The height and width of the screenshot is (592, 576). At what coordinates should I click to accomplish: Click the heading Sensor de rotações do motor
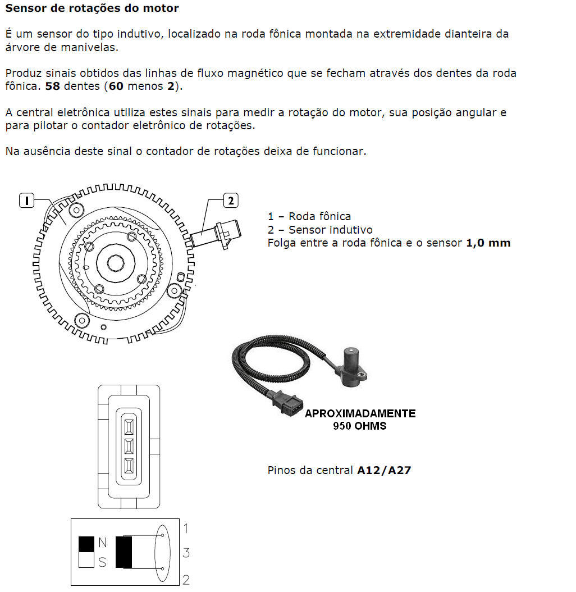[92, 8]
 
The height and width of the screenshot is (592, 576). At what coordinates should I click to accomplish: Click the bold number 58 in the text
[53, 86]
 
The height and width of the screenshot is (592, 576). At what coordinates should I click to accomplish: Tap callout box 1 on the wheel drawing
[26, 199]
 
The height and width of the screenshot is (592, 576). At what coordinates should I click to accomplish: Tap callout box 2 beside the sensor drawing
[231, 199]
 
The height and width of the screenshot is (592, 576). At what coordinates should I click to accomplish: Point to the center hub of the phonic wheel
[115, 262]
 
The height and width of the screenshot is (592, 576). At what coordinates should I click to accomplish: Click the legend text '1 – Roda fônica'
[309, 216]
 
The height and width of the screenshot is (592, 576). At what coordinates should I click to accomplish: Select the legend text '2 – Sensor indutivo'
[320, 230]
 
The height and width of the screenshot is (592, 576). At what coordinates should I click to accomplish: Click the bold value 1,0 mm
[488, 243]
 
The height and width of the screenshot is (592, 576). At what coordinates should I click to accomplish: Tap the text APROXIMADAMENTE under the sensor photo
[360, 414]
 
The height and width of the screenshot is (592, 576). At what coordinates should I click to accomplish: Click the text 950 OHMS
[360, 426]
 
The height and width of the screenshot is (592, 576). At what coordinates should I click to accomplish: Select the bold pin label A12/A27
[384, 470]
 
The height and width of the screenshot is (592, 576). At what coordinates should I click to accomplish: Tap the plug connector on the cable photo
[287, 404]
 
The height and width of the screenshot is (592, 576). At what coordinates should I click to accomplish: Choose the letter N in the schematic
[102, 543]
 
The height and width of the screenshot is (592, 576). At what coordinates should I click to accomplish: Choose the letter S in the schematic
[102, 562]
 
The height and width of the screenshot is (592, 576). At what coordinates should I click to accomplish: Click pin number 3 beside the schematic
[186, 553]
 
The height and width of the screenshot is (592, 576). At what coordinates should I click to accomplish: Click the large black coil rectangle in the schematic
[124, 552]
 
